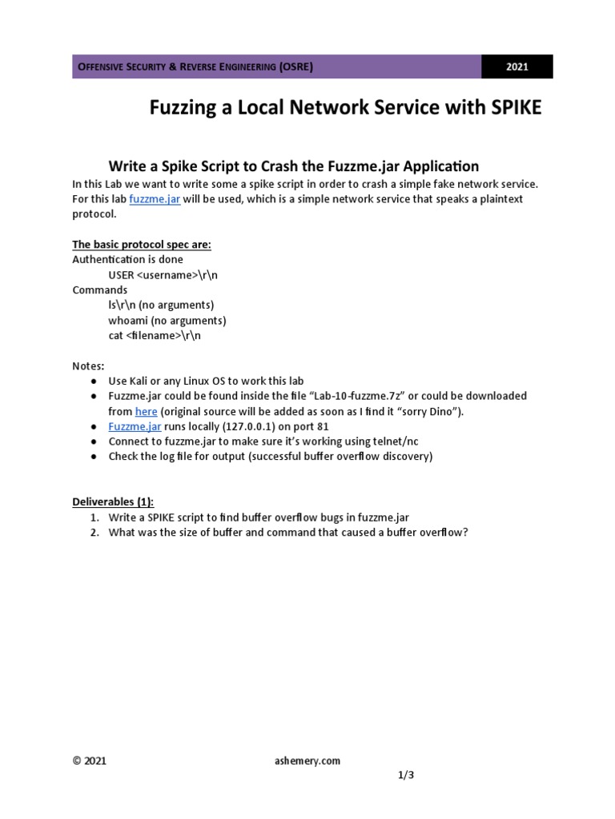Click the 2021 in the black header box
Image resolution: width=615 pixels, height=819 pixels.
[517, 67]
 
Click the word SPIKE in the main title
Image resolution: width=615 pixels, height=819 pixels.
[511, 108]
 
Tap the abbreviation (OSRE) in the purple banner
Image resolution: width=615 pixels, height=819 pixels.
[295, 67]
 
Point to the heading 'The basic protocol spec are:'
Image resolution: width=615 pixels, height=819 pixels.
[142, 244]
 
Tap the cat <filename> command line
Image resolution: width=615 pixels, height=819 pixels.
[155, 335]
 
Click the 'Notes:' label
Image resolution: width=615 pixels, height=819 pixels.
[88, 366]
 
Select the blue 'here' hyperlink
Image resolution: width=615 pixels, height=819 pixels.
[146, 411]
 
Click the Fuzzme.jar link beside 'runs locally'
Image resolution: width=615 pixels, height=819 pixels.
[134, 426]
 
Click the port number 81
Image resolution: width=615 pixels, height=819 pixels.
[323, 426]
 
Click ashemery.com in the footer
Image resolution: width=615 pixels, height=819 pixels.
[307, 761]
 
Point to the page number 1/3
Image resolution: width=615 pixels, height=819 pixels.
[406, 776]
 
